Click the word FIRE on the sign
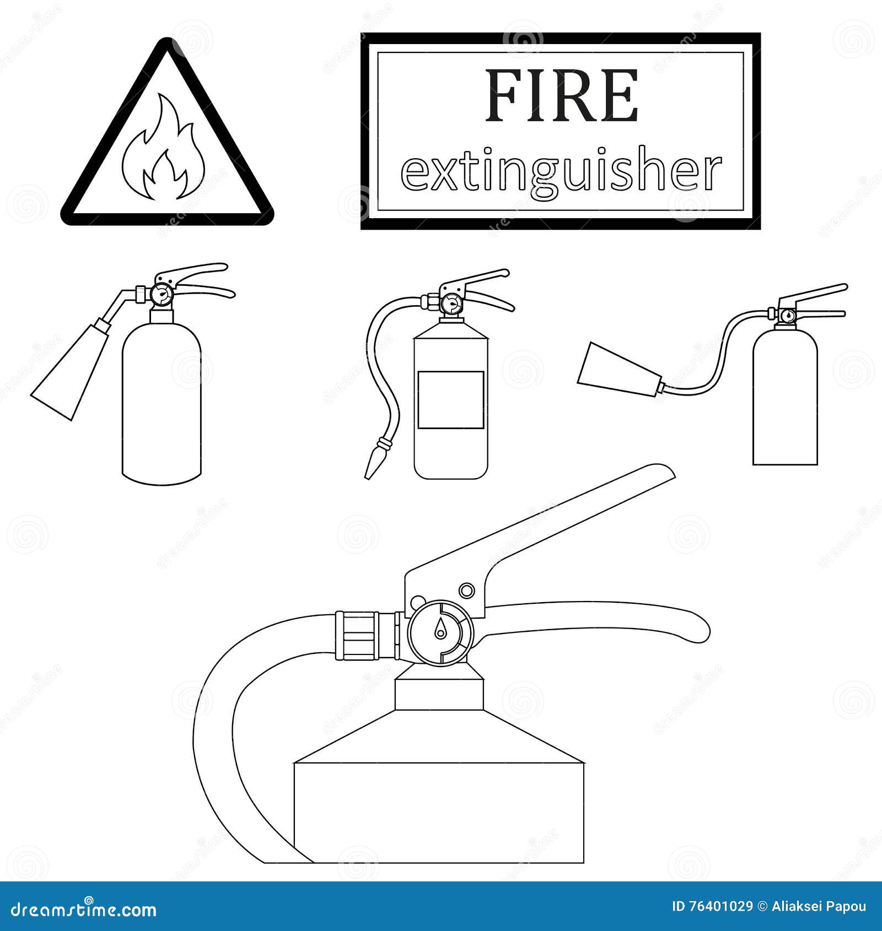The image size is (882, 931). pyautogui.click(x=561, y=96)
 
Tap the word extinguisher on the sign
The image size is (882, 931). pyautogui.click(x=561, y=172)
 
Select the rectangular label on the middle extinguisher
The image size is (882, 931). pyautogui.click(x=450, y=400)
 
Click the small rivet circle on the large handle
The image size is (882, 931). pyautogui.click(x=466, y=591)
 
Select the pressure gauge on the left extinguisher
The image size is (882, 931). pyautogui.click(x=162, y=295)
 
